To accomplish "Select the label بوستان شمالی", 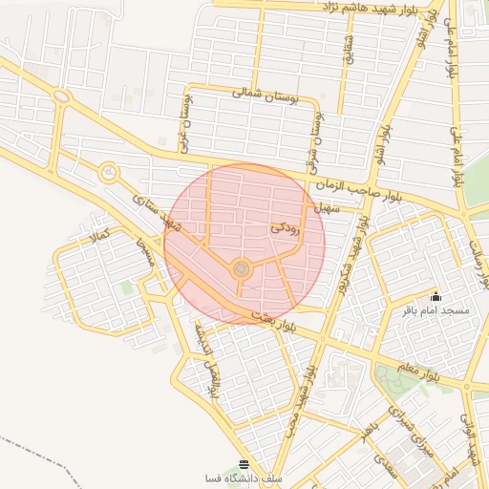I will click(259, 95).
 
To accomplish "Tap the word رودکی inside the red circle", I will click(287, 228).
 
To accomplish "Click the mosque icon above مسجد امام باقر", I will click(436, 296).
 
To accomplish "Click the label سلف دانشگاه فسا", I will click(243, 478).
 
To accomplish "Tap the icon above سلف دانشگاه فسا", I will click(244, 462).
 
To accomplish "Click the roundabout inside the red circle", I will click(242, 269).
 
